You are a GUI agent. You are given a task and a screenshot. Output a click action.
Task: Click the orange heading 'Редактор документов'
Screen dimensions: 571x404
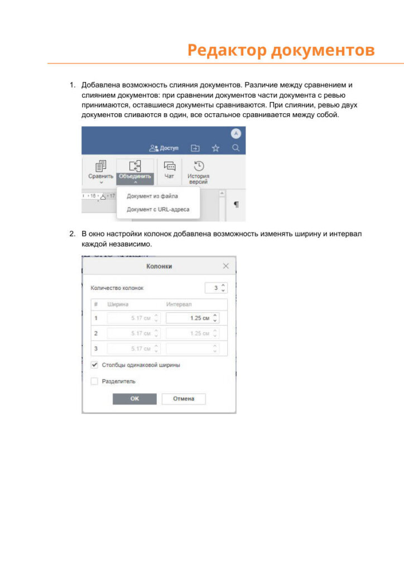[281, 50]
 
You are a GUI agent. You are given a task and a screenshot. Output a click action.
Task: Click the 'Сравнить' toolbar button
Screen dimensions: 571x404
[100, 170]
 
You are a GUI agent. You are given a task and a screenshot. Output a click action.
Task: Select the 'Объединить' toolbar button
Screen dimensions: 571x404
[135, 170]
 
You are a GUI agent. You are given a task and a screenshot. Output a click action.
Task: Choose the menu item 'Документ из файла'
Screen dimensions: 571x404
[152, 196]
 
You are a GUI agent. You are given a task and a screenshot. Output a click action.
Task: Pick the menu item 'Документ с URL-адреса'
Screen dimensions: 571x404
[158, 210]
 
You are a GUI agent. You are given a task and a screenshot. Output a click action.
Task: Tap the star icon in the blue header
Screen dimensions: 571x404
[215, 148]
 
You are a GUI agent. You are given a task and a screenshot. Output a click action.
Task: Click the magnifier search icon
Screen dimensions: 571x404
[236, 148]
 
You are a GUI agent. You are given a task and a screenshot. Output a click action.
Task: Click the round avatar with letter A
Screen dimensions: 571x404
[236, 134]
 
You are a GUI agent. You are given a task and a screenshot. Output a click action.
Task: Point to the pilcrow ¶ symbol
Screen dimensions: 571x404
[236, 205]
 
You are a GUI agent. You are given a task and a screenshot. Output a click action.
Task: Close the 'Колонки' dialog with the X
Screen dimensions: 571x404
[226, 266]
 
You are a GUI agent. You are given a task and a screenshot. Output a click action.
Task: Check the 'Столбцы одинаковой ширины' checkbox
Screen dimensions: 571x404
[94, 365]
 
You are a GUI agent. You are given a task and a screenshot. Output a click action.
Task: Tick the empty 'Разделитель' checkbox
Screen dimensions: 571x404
[94, 381]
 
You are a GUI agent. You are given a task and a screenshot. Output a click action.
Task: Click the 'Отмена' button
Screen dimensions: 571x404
[184, 399]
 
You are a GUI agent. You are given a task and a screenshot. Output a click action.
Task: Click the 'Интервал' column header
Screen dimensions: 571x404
[179, 304]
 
